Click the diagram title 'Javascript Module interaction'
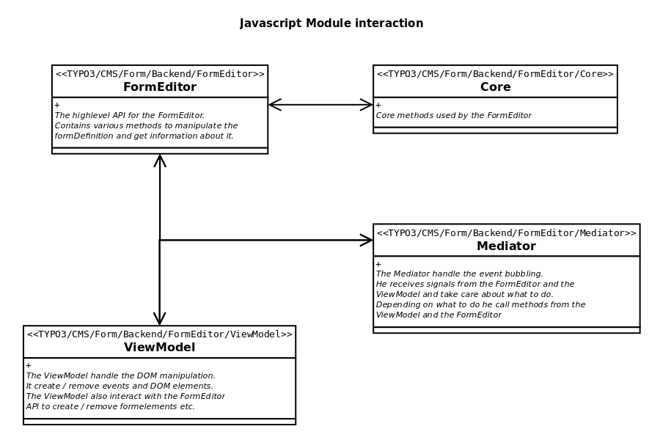[331, 23]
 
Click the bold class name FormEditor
[160, 87]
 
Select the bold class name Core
[495, 87]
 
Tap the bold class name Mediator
[506, 246]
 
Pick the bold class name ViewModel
[159, 348]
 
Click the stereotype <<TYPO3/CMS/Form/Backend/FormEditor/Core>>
[495, 74]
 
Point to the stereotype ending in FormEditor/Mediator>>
[506, 233]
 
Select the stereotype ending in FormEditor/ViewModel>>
[159, 334]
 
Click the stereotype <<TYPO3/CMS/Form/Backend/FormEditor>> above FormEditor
[160, 74]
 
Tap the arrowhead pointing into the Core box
[367, 105]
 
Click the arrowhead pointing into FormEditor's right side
[275, 105]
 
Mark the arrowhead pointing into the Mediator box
[367, 240]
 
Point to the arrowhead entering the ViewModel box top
[160, 319]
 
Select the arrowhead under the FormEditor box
[160, 161]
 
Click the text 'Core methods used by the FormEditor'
[453, 116]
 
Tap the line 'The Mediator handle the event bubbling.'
[459, 274]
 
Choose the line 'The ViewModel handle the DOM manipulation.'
[121, 376]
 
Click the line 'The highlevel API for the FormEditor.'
[130, 116]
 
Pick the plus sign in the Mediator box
[378, 264]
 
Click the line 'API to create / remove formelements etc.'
[111, 407]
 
